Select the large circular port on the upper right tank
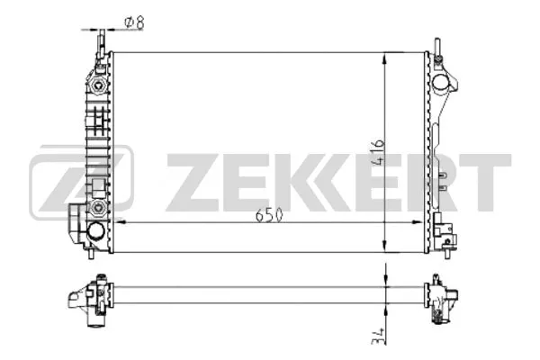coord(441,83)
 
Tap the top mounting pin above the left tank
coord(101,40)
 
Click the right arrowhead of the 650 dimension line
coord(418,220)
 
